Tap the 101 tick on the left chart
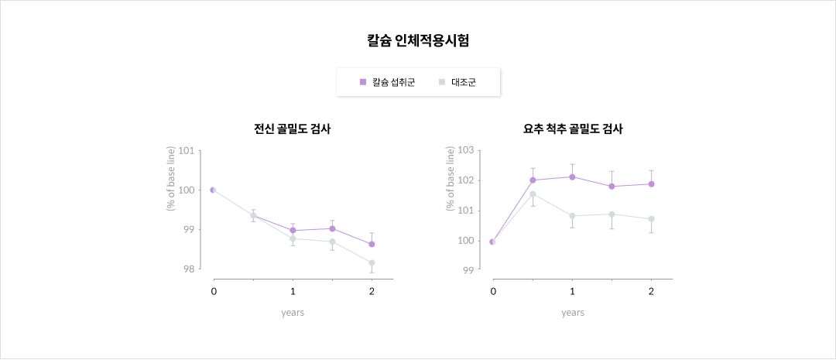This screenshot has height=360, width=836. [x=186, y=150]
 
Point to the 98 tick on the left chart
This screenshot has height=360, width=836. [x=188, y=269]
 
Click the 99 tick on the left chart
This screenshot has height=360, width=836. [x=188, y=230]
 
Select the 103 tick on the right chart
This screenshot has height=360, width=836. [x=466, y=150]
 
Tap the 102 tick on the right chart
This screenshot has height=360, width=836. [x=466, y=180]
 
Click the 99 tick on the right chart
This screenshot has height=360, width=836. [x=468, y=270]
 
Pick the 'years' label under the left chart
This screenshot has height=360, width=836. [x=293, y=313]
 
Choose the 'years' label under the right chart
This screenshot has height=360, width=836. [x=573, y=313]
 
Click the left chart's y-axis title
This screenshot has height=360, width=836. [x=170, y=179]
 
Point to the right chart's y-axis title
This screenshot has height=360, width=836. [x=451, y=179]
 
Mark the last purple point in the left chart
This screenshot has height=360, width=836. [x=372, y=244]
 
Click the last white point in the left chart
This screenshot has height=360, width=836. [x=372, y=262]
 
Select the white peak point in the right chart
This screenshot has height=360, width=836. [x=533, y=194]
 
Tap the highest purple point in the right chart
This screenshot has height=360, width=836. [x=572, y=177]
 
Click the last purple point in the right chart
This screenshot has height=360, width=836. [x=652, y=183]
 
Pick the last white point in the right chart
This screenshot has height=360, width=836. [x=652, y=219]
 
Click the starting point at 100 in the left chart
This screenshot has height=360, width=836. [x=213, y=190]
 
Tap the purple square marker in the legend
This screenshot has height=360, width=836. [x=363, y=82]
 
